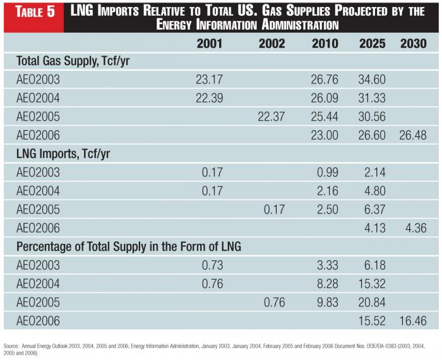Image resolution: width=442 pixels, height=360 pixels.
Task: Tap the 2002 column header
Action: (x=272, y=44)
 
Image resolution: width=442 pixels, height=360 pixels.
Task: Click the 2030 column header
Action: (x=413, y=44)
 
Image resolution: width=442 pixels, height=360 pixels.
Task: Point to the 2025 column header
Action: (x=373, y=44)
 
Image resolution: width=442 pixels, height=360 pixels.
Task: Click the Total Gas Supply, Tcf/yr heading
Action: (x=73, y=61)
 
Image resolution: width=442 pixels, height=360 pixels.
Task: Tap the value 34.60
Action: (x=373, y=80)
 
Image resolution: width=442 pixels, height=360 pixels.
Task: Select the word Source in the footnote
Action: (x=11, y=346)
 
